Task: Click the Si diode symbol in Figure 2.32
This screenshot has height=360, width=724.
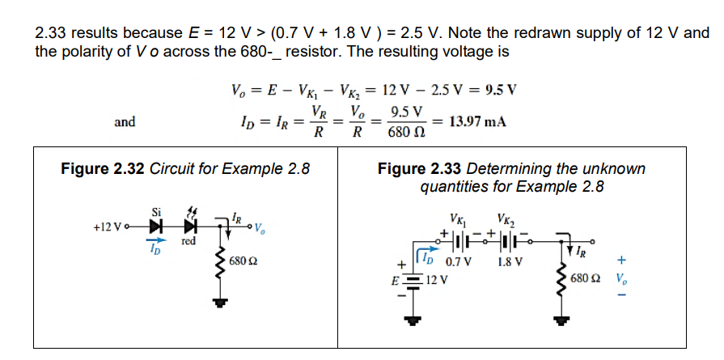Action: (x=155, y=227)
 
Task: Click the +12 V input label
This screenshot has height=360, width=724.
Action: (x=108, y=227)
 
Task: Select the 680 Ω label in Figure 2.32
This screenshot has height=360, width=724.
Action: (x=244, y=261)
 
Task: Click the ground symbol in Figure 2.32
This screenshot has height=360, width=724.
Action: (x=221, y=303)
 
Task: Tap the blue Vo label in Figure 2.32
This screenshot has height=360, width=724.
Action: (x=259, y=228)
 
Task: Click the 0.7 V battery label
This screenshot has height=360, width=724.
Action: (x=458, y=262)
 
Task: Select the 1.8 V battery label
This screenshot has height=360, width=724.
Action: (x=510, y=262)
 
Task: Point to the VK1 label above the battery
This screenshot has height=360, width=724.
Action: (x=459, y=219)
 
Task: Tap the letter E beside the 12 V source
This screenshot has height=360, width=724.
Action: (x=395, y=280)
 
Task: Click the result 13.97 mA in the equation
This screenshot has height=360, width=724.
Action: (x=478, y=122)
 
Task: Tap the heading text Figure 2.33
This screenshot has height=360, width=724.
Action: (x=419, y=169)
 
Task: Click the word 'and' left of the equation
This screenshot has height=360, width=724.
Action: (x=125, y=122)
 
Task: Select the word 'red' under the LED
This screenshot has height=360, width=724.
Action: (x=188, y=241)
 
